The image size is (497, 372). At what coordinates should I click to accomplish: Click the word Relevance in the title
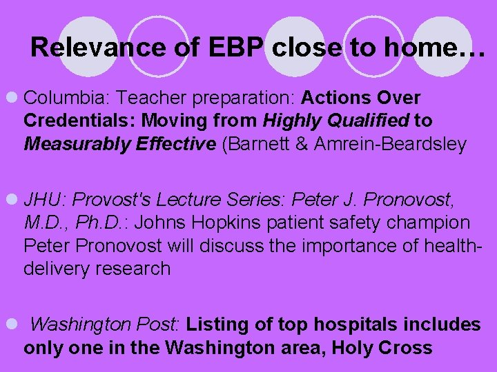(88, 48)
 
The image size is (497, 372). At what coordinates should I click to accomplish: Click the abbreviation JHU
(44, 200)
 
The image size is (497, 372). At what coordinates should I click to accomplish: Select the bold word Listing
(213, 324)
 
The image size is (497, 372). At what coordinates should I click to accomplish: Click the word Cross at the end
(405, 347)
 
